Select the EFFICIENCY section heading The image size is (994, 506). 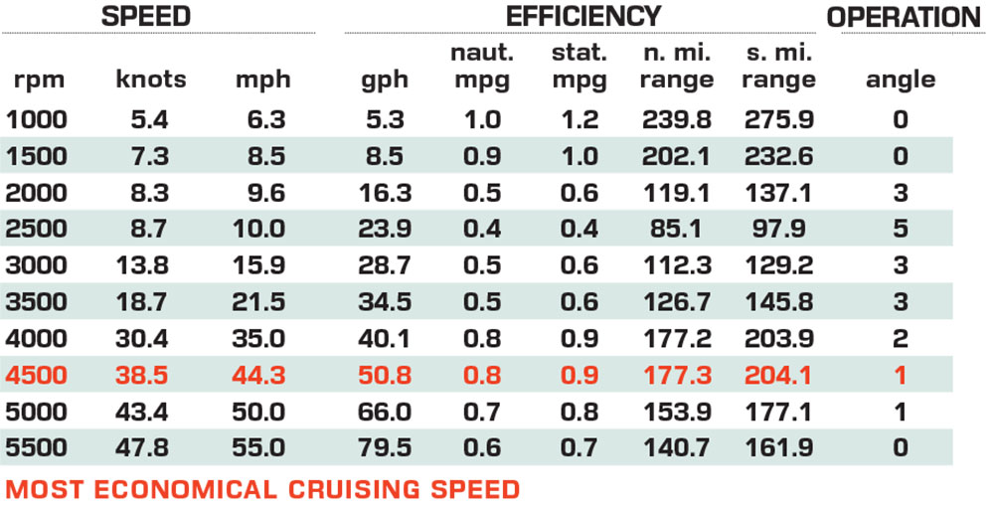(x=583, y=16)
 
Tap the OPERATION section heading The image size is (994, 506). (x=904, y=17)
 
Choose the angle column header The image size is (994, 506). (x=901, y=81)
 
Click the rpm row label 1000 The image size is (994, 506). (x=37, y=119)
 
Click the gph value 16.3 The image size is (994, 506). (x=385, y=193)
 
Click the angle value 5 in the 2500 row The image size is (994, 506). (x=901, y=229)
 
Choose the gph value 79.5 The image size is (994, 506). (x=385, y=446)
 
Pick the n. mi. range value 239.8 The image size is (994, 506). (x=677, y=119)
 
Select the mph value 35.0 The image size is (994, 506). (x=258, y=338)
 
